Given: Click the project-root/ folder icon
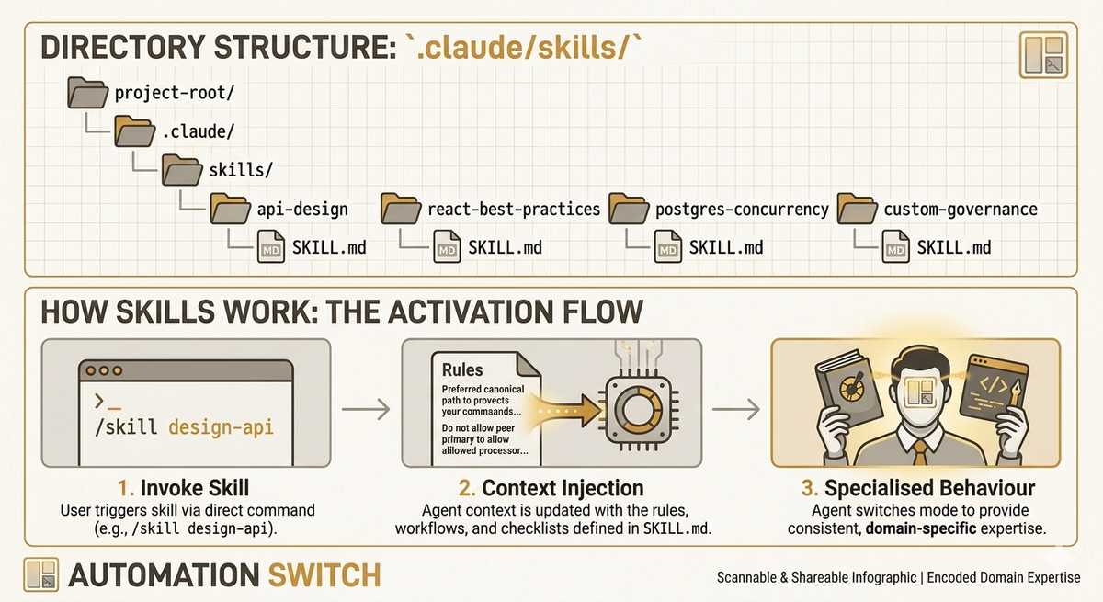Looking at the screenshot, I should click(87, 93).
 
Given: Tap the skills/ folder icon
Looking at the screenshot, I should click(182, 169).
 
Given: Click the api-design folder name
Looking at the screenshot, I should click(302, 209).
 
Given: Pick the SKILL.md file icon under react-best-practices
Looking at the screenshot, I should click(448, 247).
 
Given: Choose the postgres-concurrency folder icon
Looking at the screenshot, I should click(628, 208).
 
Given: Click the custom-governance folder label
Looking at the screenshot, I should click(960, 209).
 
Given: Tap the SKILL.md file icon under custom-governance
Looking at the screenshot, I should click(897, 247).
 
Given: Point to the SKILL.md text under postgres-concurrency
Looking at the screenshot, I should click(726, 247).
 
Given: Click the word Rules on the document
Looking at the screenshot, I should click(462, 370).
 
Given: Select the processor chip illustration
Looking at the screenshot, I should click(631, 405).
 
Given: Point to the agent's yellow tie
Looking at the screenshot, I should click(918, 451).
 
